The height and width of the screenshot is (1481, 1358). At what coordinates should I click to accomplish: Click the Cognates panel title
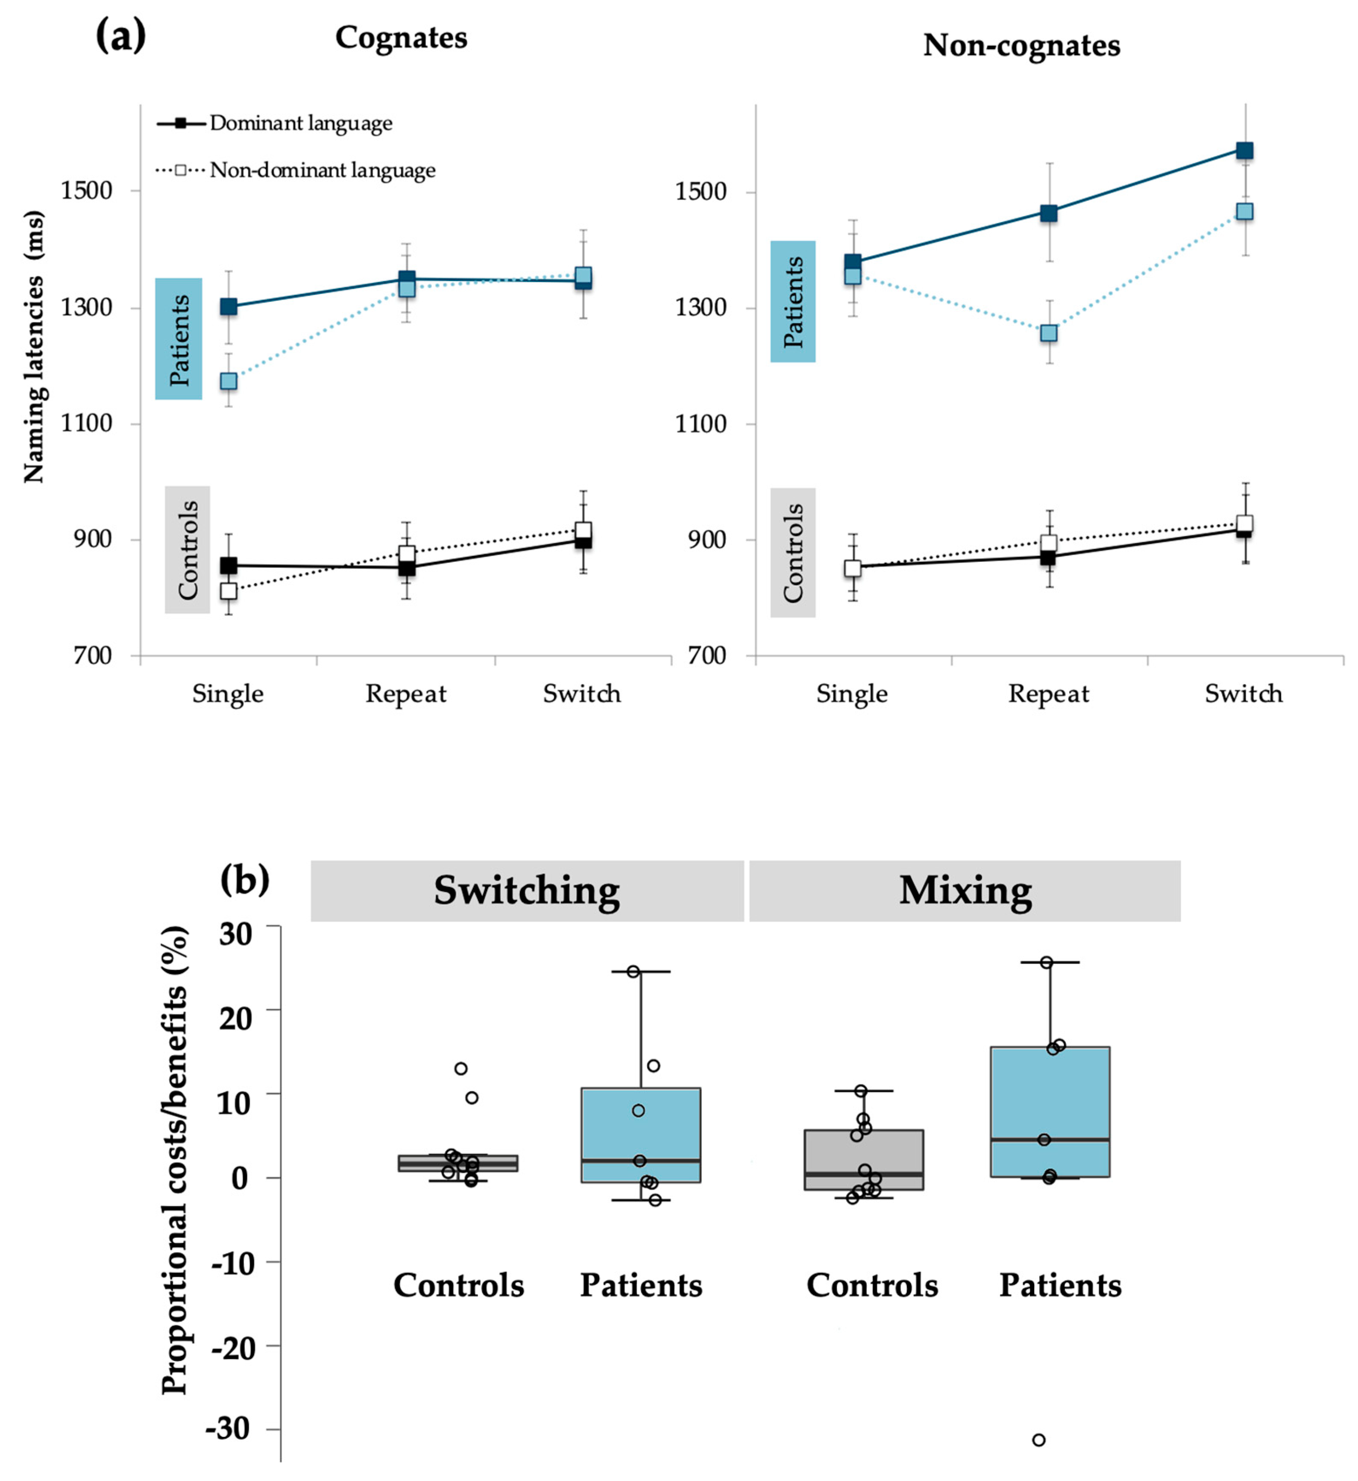click(x=401, y=38)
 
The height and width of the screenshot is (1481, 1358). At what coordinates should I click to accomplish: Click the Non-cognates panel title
click(x=1021, y=46)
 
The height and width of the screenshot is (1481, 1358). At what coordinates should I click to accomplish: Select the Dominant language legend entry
click(x=301, y=123)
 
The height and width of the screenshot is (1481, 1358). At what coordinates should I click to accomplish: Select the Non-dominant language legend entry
click(x=322, y=170)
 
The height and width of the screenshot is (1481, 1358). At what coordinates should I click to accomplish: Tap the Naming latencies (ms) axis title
click(x=33, y=347)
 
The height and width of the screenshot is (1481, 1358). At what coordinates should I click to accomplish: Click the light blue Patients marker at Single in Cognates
click(x=229, y=381)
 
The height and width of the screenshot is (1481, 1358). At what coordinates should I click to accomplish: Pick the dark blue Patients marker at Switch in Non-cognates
click(x=1244, y=151)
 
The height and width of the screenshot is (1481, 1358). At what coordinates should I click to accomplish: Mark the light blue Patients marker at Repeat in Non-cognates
click(x=1049, y=333)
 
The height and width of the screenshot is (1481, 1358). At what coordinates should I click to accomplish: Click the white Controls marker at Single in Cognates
click(x=229, y=590)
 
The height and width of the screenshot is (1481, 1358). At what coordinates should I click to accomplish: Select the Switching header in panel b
click(x=527, y=891)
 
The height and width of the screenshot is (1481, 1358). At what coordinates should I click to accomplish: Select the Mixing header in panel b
click(x=965, y=891)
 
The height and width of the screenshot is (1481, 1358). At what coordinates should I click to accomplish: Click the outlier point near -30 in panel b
click(x=1038, y=1440)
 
